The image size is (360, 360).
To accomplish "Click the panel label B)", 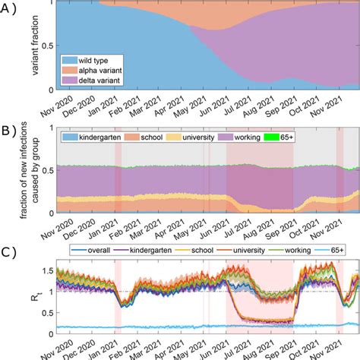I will (x=9, y=129).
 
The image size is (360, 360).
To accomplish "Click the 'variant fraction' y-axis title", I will (x=32, y=46).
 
